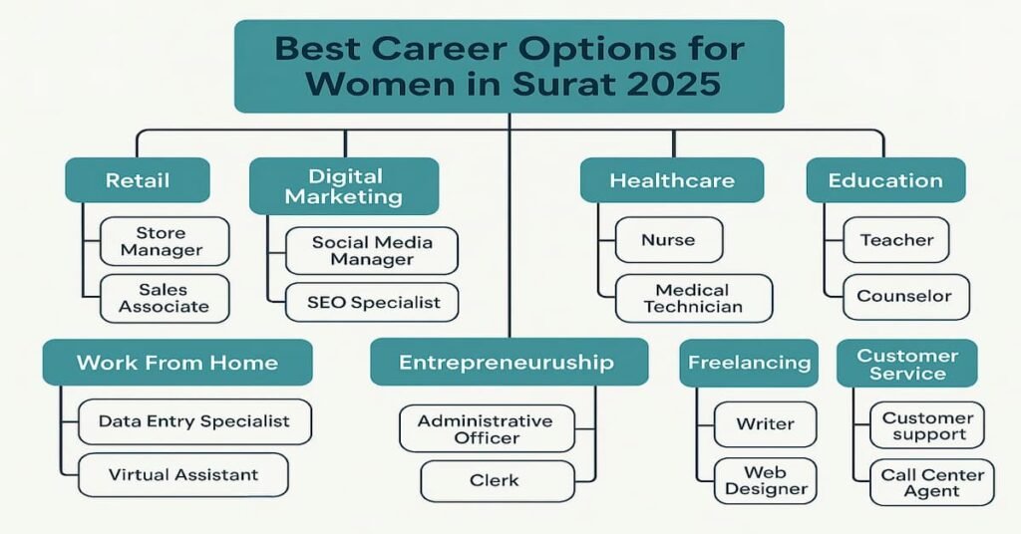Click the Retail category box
(138, 181)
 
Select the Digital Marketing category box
(344, 186)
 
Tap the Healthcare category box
(672, 181)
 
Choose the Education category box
(885, 181)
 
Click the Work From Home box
(177, 363)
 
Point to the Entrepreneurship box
(508, 363)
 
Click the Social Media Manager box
(371, 251)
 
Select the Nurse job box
(669, 240)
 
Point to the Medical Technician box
(693, 298)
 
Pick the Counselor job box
(904, 297)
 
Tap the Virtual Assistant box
(183, 475)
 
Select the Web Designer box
(766, 480)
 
